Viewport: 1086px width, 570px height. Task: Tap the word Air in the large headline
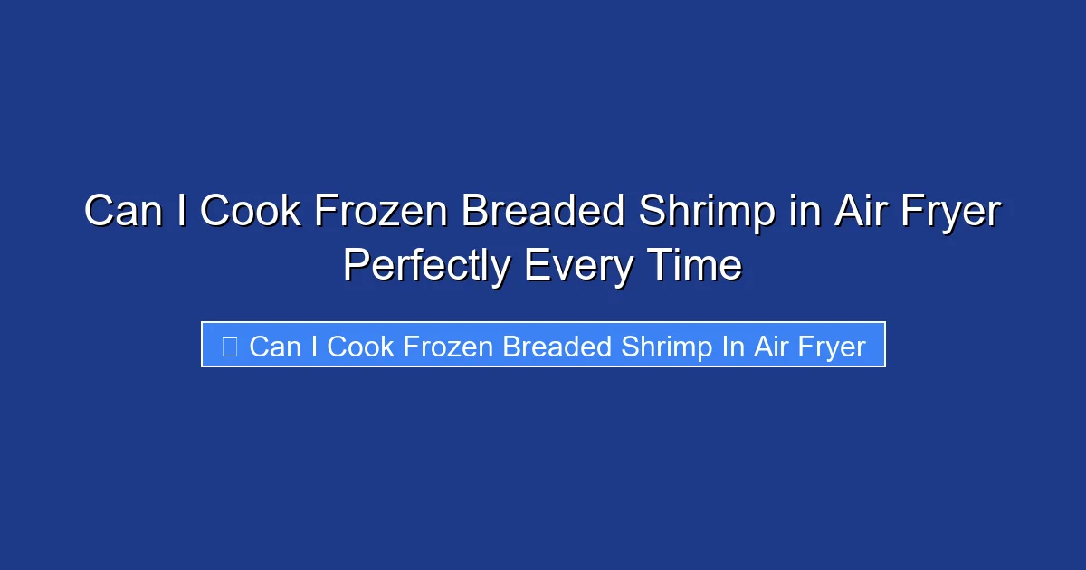point(855,213)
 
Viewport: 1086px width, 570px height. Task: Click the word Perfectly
point(426,266)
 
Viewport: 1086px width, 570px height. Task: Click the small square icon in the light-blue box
point(229,346)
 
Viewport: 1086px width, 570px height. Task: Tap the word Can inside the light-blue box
point(273,347)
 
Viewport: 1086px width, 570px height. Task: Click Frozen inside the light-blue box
point(449,347)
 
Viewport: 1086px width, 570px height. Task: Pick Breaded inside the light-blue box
point(558,347)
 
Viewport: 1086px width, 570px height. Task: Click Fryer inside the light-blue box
point(832,347)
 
